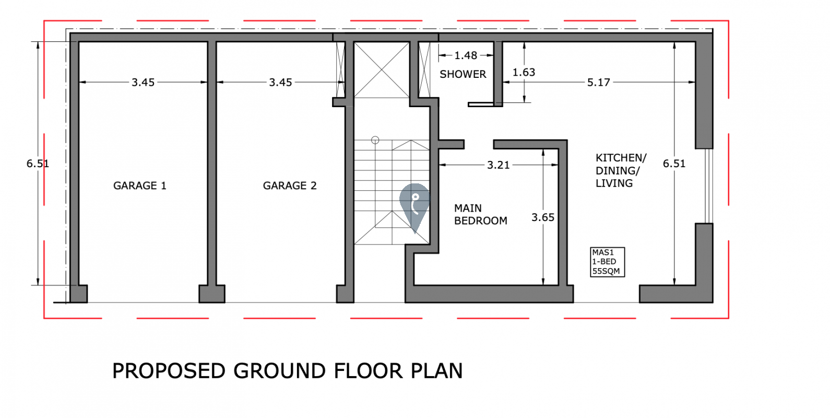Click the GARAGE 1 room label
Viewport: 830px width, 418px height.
[140, 185]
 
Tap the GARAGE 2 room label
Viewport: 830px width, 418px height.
[290, 185]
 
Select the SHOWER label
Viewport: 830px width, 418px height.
[463, 74]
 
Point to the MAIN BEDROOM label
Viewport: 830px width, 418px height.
[481, 214]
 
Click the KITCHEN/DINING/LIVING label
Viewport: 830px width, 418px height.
[621, 171]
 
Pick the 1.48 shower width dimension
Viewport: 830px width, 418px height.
[466, 55]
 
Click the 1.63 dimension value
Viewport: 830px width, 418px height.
[524, 72]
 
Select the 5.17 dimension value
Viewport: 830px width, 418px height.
[598, 83]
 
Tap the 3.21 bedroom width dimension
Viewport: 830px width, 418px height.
[499, 165]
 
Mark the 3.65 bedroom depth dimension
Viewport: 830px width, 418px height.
[543, 217]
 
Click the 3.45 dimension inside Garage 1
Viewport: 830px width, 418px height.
[143, 83]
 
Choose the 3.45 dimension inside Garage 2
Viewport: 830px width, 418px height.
[280, 83]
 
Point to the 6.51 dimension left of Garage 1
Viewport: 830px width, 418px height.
[38, 164]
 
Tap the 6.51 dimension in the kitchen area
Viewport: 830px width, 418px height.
[674, 164]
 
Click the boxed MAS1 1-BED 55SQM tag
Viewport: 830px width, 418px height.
[607, 262]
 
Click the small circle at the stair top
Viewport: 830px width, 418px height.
[375, 140]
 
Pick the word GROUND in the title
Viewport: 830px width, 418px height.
[279, 371]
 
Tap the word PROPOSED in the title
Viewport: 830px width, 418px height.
[169, 371]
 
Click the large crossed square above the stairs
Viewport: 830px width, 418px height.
[382, 70]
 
